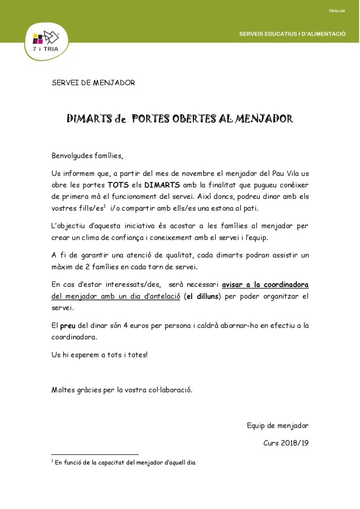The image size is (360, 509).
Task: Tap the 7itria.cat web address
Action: coord(337,10)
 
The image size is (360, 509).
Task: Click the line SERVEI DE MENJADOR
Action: coord(93,83)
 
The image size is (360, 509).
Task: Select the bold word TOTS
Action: coord(117,185)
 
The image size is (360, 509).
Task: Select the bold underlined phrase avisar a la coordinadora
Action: coord(265,285)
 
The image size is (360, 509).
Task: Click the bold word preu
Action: coord(68,326)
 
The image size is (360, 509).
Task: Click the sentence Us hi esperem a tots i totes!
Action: coord(100,355)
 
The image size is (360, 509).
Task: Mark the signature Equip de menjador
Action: coord(277,425)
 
